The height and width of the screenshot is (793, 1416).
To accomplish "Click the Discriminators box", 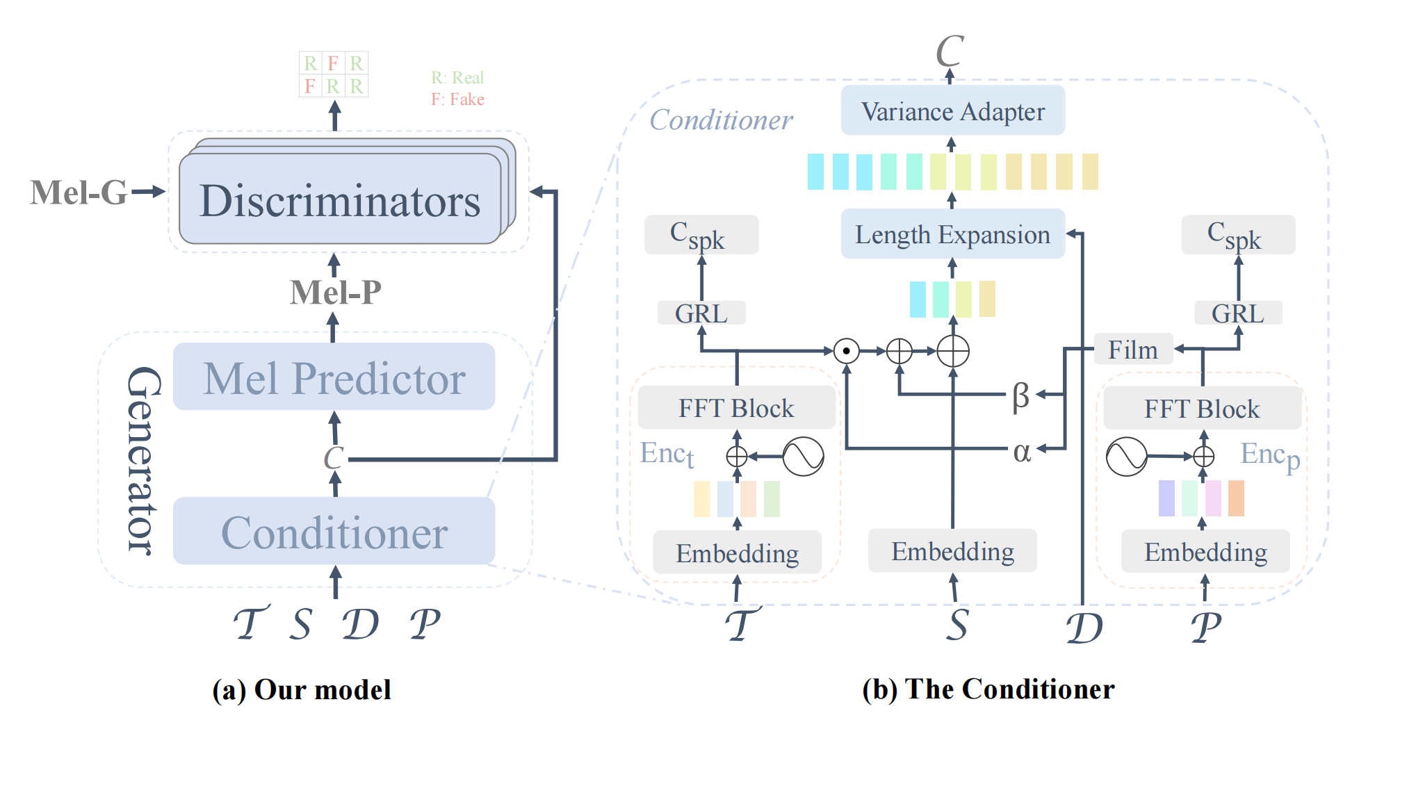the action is pos(340,199).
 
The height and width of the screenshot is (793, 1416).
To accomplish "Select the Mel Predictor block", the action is pos(334,377).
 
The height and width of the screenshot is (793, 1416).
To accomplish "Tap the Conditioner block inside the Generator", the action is pos(334,531).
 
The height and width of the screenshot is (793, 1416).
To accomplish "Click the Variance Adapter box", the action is pos(952,111).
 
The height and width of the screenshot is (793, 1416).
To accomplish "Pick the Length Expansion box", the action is pos(952,234).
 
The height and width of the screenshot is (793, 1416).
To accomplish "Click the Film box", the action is pos(1133,350).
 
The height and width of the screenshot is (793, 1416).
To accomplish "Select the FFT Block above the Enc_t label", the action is pos(737,408).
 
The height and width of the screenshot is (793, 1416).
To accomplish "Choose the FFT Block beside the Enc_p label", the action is pos(1203,409).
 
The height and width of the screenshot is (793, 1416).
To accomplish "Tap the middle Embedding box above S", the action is pos(952,551).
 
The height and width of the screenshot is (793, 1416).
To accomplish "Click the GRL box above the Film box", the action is pos(1238,313).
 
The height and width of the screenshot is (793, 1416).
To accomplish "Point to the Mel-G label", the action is pos(79,193).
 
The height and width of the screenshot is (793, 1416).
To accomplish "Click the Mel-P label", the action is pos(336,292).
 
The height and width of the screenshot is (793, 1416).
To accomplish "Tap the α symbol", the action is pos(1021,452).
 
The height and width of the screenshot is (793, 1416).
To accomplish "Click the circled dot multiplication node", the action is pos(846,351).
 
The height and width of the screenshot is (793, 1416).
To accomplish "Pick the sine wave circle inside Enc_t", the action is pos(803,456).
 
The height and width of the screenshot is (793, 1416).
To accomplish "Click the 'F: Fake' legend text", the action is pos(457,99).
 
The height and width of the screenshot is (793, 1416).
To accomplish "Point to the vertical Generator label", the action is pos(144,460).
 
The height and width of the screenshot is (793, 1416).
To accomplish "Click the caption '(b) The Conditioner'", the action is pos(988,689).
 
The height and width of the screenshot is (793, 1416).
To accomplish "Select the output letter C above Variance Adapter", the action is pos(950,51).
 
